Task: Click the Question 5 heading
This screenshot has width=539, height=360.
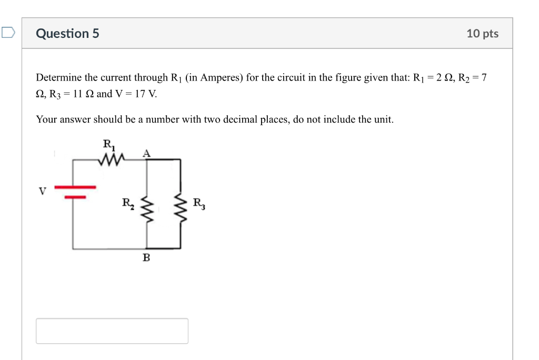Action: click(67, 34)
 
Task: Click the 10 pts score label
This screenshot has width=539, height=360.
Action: click(482, 34)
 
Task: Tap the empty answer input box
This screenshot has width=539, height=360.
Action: click(112, 331)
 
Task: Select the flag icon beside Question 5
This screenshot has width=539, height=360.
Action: click(8, 33)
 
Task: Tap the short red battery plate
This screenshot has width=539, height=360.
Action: click(75, 197)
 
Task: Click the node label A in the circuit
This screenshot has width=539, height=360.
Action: click(147, 153)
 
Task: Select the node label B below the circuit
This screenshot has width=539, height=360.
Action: click(146, 258)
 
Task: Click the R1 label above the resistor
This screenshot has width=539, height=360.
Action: click(108, 144)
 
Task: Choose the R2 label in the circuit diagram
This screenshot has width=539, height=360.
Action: click(128, 203)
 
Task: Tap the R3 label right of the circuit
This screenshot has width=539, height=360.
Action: click(199, 203)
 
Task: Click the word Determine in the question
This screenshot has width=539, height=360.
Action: click(58, 78)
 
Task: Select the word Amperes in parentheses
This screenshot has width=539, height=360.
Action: click(222, 78)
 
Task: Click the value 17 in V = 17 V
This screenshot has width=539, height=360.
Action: click(138, 95)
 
